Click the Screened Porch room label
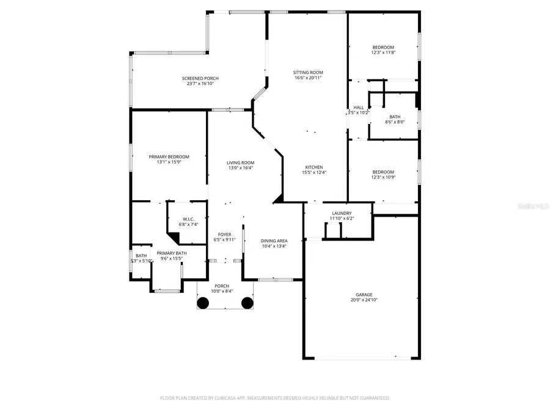click(x=200, y=78)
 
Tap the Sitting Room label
click(x=308, y=72)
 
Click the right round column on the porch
click(x=247, y=302)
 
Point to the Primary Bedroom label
click(x=169, y=157)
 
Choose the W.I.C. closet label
click(x=188, y=219)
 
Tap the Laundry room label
click(x=342, y=213)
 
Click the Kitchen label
click(x=314, y=167)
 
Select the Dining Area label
click(x=274, y=240)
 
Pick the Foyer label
click(x=224, y=234)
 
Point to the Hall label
click(x=359, y=107)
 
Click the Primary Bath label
click(x=172, y=253)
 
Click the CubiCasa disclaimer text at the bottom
click(x=275, y=398)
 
